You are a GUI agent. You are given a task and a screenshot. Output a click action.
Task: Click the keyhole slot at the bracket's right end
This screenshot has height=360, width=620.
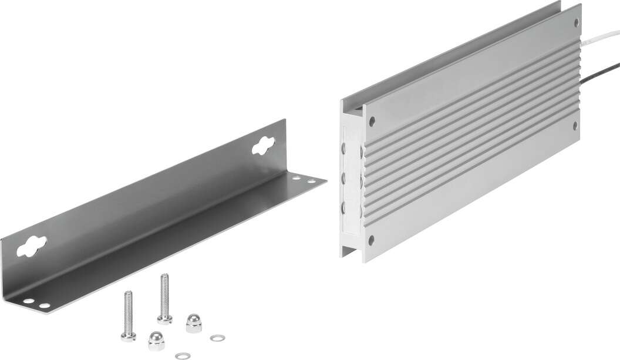coord(263,145)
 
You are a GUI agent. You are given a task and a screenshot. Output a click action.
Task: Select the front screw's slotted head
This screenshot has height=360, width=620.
coord(129,336)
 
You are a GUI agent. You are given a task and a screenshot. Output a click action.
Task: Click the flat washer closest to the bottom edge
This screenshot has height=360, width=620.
coord(183,355)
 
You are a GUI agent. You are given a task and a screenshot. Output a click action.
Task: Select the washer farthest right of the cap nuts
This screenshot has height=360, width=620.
coord(217,338)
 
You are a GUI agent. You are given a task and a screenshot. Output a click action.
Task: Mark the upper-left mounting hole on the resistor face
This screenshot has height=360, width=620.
coord(372,121)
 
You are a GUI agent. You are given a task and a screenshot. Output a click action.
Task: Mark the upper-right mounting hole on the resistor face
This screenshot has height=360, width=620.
coord(575,23)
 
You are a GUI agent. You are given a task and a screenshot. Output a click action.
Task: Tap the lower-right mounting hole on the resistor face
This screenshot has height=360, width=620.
coord(575,125)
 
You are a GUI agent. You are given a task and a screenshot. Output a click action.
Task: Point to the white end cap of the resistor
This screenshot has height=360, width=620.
coord(351,182)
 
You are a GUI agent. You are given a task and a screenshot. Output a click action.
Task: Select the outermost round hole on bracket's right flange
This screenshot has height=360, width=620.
coord(312,181)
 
